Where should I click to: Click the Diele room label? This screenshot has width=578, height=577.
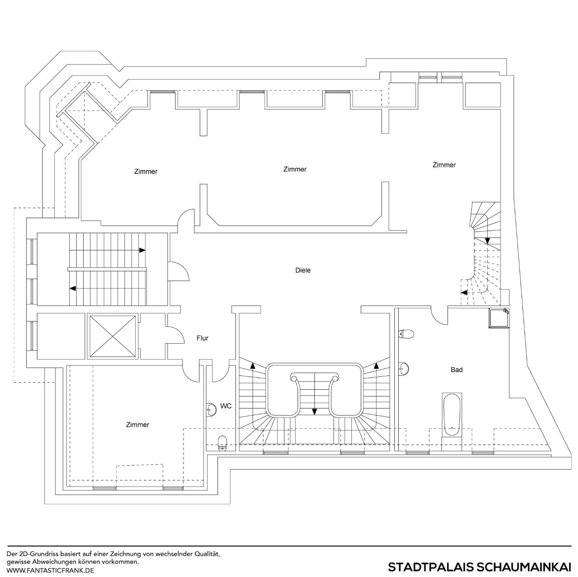pos(303,270)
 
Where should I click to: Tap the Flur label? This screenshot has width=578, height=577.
pos(202,338)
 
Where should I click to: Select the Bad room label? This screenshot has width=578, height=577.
pos(456,370)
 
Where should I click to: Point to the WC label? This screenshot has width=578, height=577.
pos(226,406)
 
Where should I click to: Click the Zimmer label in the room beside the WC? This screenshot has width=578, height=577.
pos(138,425)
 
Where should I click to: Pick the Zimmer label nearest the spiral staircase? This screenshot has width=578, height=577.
pos(444,165)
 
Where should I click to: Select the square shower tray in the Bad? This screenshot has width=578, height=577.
pos(499,318)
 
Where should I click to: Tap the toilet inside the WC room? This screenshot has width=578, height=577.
pos(222,442)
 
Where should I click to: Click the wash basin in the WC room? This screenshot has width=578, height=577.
pos(211,409)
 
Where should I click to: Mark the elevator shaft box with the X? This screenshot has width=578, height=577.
pos(112,336)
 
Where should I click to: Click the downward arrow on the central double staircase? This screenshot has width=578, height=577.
pos(314,411)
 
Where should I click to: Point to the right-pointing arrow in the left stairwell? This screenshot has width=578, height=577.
pos(142,250)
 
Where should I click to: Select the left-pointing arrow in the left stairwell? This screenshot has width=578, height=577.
pos(73,288)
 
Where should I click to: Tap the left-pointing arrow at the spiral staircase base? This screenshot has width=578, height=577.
pos(464,292)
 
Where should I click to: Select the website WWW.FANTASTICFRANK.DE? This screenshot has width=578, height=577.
pos(50,570)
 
